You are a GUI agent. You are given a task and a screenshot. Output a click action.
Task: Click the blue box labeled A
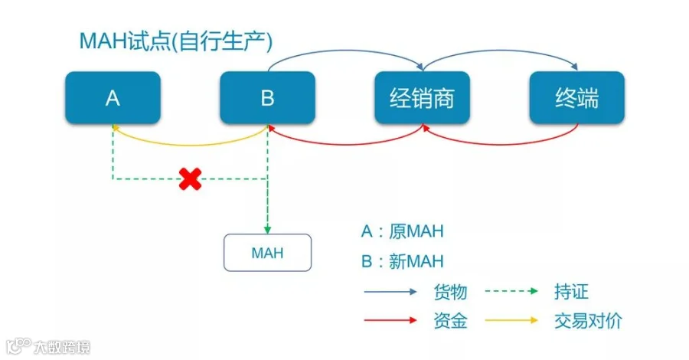pos(113,97)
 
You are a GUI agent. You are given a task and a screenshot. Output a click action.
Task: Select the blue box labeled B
pos(268,97)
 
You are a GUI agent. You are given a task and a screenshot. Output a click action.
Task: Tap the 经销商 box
pos(423,97)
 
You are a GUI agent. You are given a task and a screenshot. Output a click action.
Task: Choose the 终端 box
pos(577,97)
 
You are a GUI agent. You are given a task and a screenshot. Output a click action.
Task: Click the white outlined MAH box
pos(268,253)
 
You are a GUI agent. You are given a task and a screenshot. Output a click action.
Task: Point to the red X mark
pos(191,179)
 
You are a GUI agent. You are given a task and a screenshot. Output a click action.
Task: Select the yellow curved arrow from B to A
pos(191,145)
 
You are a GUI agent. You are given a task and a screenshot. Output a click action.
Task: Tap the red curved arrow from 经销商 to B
pos(345,144)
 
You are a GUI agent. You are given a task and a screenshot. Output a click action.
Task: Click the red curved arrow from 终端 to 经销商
pos(500,144)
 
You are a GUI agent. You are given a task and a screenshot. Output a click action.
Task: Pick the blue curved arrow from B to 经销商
pos(345,51)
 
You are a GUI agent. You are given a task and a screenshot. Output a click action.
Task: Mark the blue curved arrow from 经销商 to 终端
pos(500,51)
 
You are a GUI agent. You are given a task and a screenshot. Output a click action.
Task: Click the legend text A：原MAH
pos(403,231)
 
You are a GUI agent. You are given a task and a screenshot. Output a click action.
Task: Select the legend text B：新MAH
pos(403,261)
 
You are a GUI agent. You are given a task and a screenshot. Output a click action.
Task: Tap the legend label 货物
pos(450,292)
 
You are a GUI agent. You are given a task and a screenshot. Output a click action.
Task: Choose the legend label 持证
pos(571,291)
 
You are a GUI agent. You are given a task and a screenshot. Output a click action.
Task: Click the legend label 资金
pos(450,321)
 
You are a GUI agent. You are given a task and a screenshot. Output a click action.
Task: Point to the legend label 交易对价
pos(589,321)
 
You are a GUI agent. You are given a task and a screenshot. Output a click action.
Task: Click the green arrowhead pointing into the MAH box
pos(267,230)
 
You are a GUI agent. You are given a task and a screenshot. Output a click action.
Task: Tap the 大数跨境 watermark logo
pos(48,347)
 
